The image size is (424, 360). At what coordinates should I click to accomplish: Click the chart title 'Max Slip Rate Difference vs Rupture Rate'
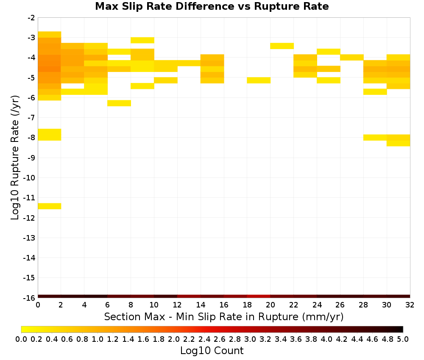pos(212,6)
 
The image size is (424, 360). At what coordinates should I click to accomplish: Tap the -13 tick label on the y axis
pos(29,238)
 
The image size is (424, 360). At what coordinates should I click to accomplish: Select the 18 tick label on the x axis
pos(247,305)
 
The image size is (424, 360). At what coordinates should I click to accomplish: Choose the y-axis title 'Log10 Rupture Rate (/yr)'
pos(15,158)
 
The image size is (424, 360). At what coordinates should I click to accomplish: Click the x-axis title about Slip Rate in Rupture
pos(223,316)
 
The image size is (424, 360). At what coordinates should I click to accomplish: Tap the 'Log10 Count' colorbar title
pos(212,351)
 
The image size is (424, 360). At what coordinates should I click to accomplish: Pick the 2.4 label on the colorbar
pos(204,339)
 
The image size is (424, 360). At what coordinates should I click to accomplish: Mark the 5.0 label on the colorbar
pos(403,339)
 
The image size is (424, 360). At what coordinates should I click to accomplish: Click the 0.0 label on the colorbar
pos(21,339)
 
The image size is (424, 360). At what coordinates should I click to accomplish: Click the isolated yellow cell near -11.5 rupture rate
pos(50,206)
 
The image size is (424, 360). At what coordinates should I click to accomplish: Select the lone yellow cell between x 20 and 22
pos(282,46)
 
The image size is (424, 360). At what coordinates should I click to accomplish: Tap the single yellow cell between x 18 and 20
pos(259,80)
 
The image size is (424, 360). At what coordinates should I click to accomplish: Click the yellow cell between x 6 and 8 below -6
pos(119,103)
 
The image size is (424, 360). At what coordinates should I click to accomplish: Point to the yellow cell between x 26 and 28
pos(352,57)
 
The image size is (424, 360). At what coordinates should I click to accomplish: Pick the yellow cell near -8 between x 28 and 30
pos(375,138)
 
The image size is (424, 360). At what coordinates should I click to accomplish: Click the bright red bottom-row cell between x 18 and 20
pos(259,296)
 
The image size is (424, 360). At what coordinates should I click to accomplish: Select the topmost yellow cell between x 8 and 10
pos(142,40)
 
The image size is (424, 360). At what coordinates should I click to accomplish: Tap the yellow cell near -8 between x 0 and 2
pos(50,135)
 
